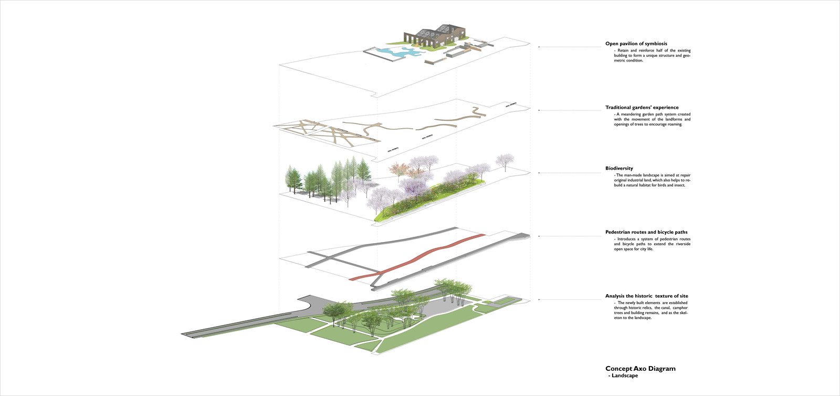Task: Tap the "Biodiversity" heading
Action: pyautogui.click(x=619, y=169)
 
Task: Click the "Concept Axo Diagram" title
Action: pyautogui.click(x=640, y=369)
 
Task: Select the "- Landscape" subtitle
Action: pyautogui.click(x=623, y=376)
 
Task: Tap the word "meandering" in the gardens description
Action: pyautogui.click(x=633, y=114)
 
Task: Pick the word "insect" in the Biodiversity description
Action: pyautogui.click(x=679, y=185)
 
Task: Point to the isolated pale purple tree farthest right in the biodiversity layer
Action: pyautogui.click(x=505, y=161)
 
